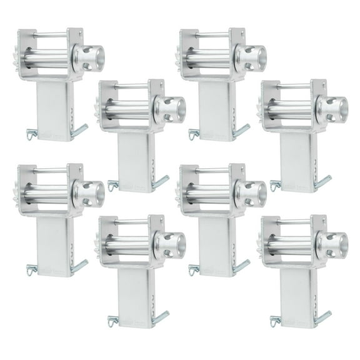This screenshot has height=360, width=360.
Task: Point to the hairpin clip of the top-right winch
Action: tap(274, 185)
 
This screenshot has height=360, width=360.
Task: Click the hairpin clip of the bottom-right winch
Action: tap(274, 321)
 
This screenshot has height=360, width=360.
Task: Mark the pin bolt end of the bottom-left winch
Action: tap(80, 267)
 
